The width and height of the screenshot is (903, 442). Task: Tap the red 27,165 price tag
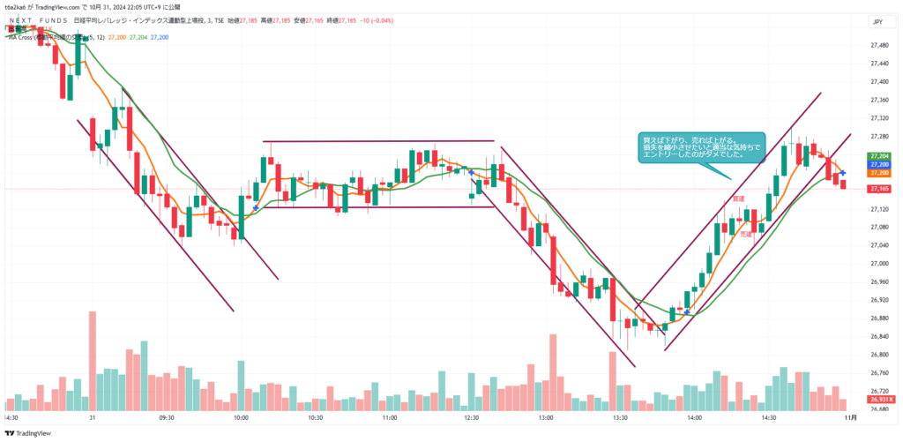coord(879,189)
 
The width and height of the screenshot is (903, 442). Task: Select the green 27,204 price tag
coord(879,156)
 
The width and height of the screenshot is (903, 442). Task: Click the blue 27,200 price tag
coord(879,165)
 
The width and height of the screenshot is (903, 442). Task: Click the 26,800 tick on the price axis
coord(879,355)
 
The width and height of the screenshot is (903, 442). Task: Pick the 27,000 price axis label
coord(879,263)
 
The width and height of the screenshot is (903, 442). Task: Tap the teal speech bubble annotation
coord(701,147)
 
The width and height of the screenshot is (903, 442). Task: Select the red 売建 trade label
coord(746,235)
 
